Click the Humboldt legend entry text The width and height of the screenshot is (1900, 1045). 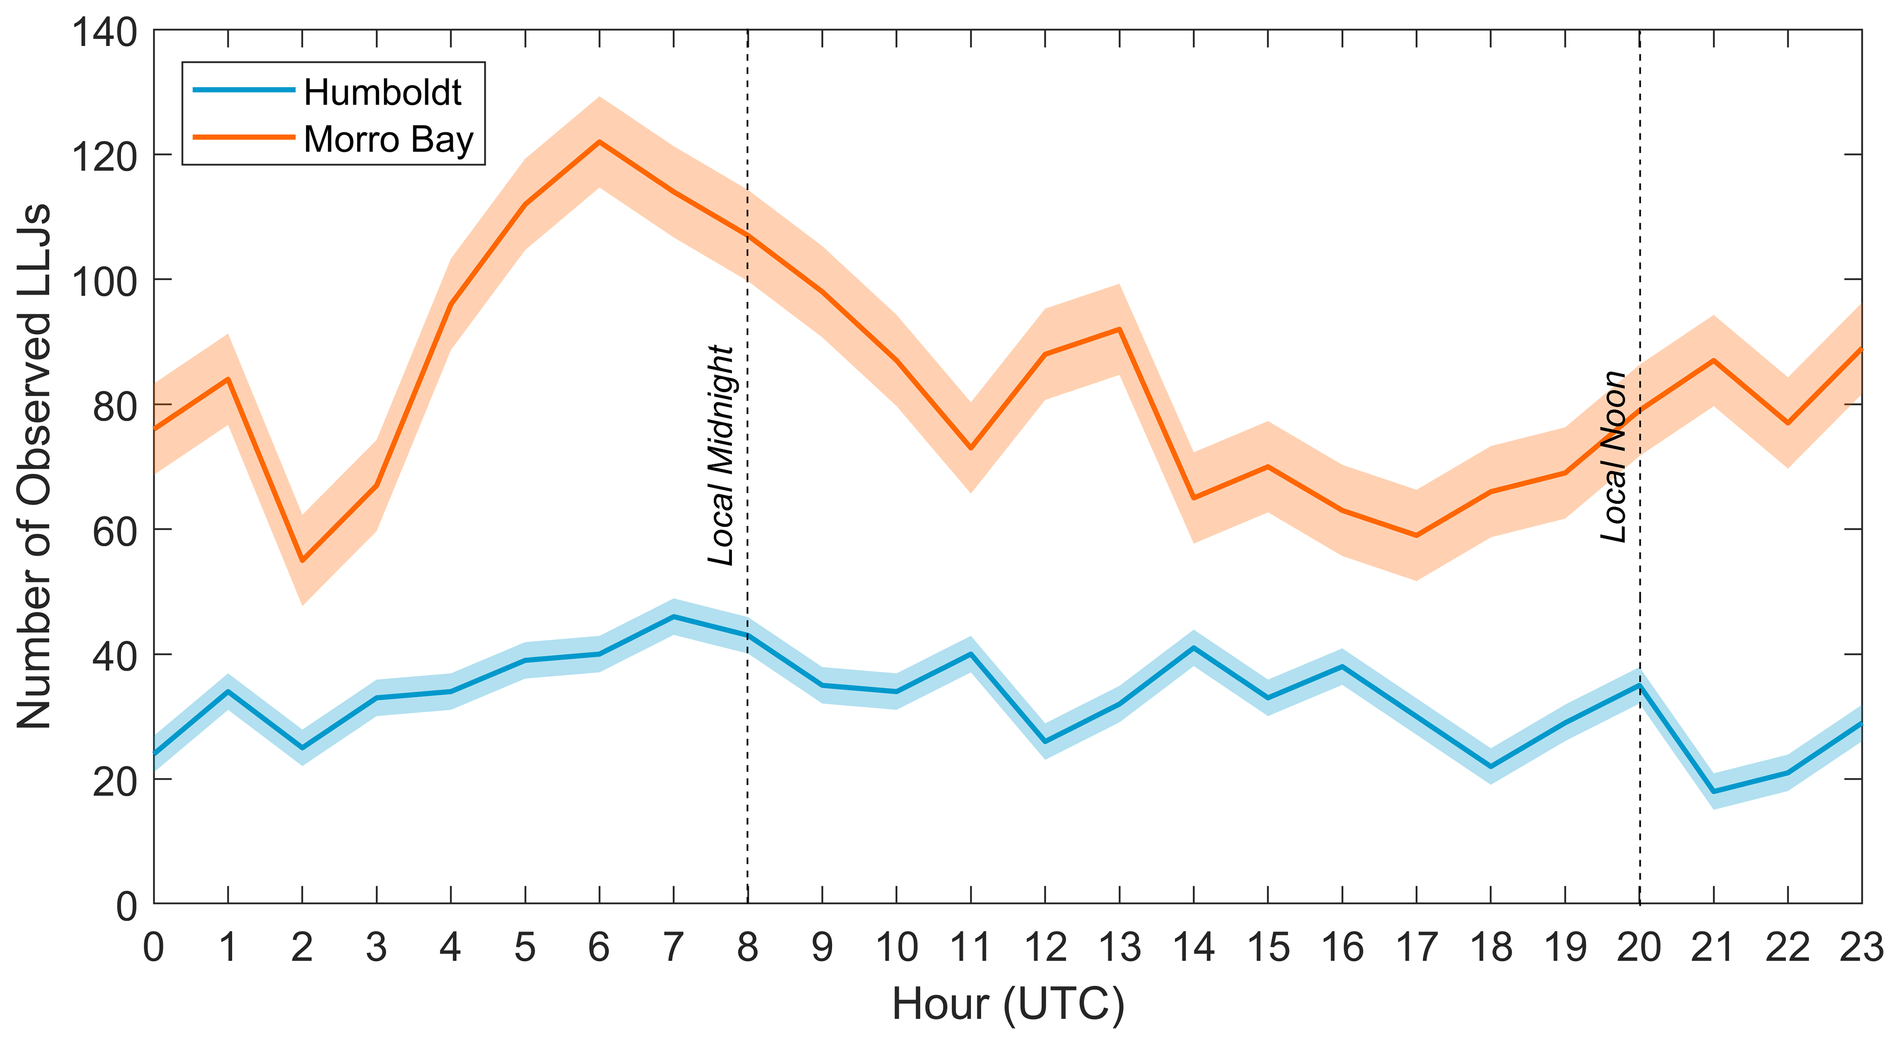point(382,93)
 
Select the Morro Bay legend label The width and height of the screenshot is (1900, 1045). point(388,140)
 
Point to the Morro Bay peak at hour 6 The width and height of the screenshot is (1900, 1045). point(599,141)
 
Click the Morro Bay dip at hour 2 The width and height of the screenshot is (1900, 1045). point(302,561)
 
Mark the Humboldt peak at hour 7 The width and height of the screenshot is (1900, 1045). point(673,617)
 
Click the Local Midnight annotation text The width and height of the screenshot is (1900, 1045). point(721,455)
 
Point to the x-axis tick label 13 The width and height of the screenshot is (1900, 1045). point(1120,948)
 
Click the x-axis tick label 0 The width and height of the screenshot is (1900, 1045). point(154,948)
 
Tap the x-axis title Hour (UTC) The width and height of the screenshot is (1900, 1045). point(1008,1004)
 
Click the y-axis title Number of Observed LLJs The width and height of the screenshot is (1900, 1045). point(35,466)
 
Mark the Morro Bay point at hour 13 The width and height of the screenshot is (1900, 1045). point(1120,329)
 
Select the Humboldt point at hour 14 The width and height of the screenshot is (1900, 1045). point(1193,647)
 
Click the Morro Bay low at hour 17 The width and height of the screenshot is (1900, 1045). point(1416,535)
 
